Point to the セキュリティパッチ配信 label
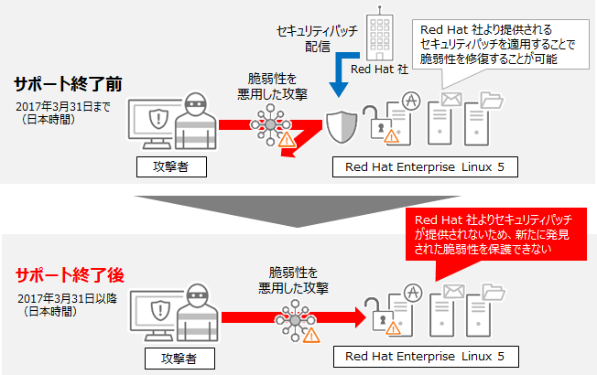(x=309, y=38)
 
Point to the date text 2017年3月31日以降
(x=59, y=298)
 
